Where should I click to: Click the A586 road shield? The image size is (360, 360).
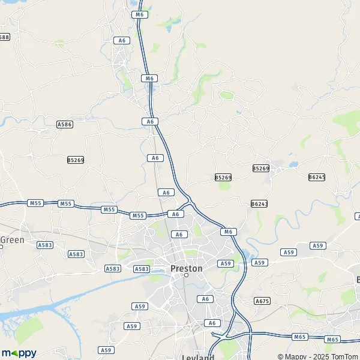tap(64, 124)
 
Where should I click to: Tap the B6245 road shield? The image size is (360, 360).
tap(317, 177)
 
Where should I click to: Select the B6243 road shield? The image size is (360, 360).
tap(259, 204)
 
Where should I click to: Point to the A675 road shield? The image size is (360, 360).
tap(262, 301)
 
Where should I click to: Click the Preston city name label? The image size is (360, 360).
tap(187, 268)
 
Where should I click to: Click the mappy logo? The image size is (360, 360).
tap(19, 353)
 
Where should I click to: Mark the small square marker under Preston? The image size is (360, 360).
tap(186, 276)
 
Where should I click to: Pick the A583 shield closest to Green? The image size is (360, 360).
tap(45, 245)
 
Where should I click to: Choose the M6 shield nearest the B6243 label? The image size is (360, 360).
tap(227, 232)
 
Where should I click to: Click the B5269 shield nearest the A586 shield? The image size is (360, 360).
tap(76, 160)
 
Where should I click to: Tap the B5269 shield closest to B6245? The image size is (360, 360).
tap(261, 169)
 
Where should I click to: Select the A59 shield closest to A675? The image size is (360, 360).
tap(259, 262)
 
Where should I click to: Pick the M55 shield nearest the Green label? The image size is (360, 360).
tap(35, 203)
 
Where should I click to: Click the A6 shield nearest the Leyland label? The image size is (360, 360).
tap(211, 323)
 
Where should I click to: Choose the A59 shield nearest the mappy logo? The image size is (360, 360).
tap(106, 350)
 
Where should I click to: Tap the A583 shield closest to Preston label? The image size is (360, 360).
tap(142, 269)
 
